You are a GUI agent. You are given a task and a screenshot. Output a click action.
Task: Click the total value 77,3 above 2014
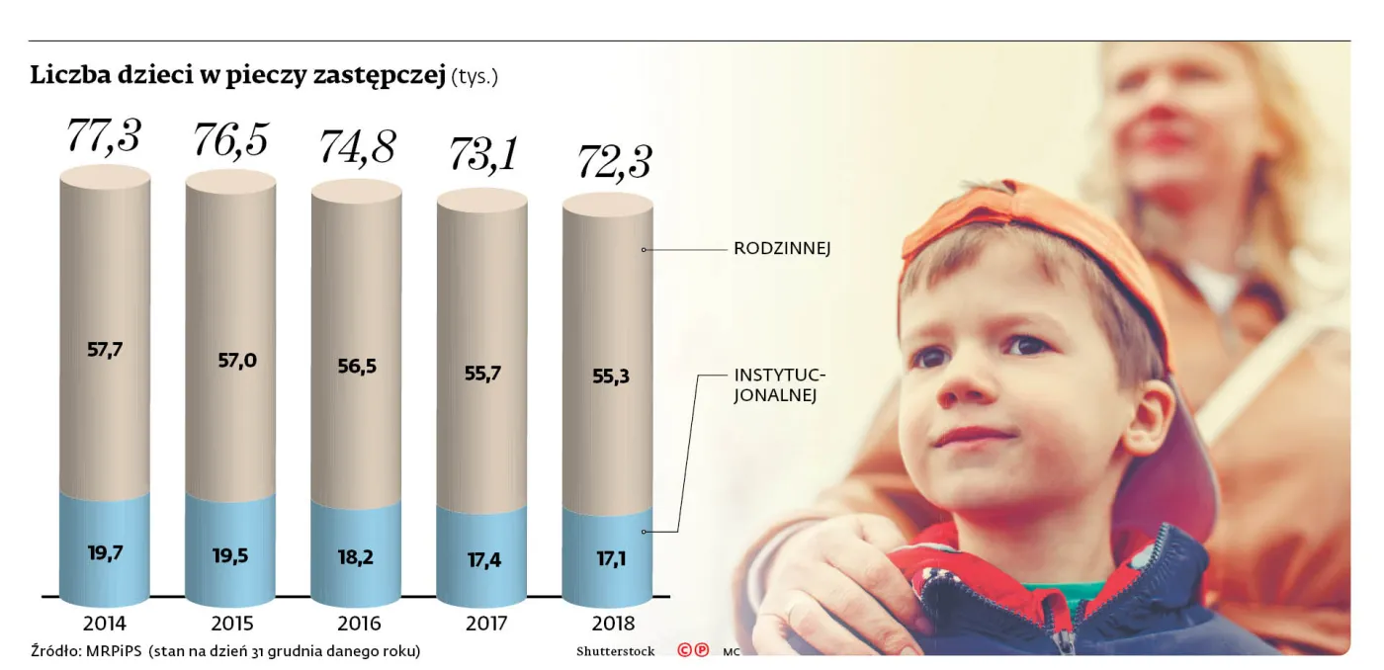click(x=104, y=135)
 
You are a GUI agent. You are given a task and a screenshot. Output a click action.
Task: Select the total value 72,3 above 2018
click(x=607, y=160)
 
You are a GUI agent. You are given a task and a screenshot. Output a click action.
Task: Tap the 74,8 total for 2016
click(x=356, y=147)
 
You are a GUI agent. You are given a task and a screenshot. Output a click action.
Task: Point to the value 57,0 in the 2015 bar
click(x=236, y=360)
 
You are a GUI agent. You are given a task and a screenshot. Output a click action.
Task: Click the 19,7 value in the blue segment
click(x=105, y=552)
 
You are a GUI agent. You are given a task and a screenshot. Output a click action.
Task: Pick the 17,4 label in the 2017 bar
click(x=482, y=559)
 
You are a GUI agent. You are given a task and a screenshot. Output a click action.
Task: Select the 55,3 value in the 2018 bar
click(x=607, y=376)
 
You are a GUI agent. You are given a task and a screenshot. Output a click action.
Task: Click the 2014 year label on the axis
click(x=105, y=624)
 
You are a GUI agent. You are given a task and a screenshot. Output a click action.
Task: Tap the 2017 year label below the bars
click(x=482, y=624)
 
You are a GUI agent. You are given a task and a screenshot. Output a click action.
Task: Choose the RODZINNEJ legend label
click(x=781, y=249)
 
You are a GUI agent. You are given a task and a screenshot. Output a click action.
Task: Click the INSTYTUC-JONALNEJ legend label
click(x=780, y=385)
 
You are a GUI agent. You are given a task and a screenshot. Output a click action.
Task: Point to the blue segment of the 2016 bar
click(x=356, y=553)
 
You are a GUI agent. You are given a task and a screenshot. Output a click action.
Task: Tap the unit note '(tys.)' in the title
click(x=475, y=77)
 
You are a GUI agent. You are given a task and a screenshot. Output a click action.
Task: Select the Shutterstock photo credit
click(x=615, y=651)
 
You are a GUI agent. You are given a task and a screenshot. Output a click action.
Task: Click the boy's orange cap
click(x=1038, y=227)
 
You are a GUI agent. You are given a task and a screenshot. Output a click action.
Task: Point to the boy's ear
click(x=1150, y=415)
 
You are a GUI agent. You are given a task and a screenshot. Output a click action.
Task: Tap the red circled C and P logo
click(x=692, y=650)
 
